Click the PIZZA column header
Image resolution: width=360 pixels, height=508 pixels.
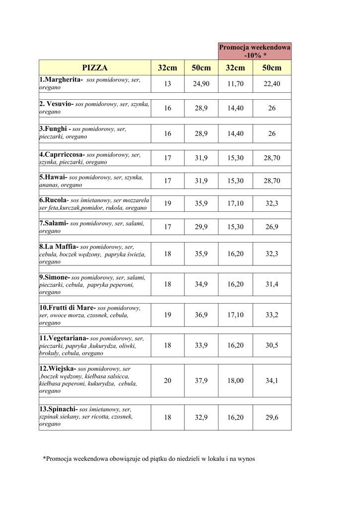click(x=95, y=68)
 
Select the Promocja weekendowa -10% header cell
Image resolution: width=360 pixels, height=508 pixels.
click(x=255, y=51)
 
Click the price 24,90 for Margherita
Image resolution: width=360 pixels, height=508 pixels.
click(x=201, y=84)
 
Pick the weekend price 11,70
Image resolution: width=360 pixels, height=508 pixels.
click(x=235, y=84)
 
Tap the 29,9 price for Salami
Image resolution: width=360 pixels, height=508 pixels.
click(x=201, y=227)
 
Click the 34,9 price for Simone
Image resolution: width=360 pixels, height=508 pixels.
click(x=201, y=284)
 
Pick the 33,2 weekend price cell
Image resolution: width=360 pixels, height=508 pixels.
click(x=272, y=315)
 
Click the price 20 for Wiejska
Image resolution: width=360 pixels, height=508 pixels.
click(x=167, y=381)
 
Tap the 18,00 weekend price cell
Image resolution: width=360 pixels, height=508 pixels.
click(x=235, y=381)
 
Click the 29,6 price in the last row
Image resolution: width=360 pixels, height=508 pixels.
click(x=272, y=417)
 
